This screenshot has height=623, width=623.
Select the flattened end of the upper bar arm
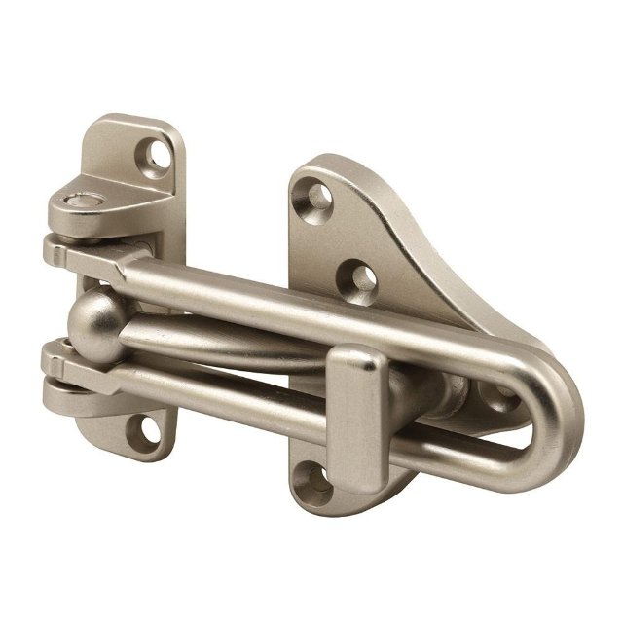pos(83,250)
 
